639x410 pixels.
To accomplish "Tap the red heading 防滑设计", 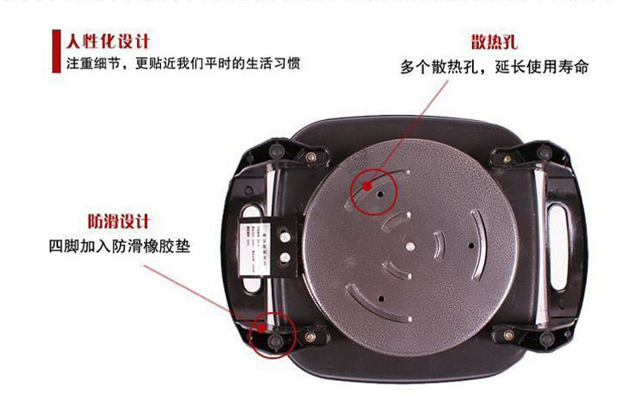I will click(118, 222).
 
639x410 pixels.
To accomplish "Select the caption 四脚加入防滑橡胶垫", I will click(119, 246).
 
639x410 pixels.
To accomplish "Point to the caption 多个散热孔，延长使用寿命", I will click(494, 66).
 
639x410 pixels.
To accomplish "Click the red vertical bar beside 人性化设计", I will click(58, 50).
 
